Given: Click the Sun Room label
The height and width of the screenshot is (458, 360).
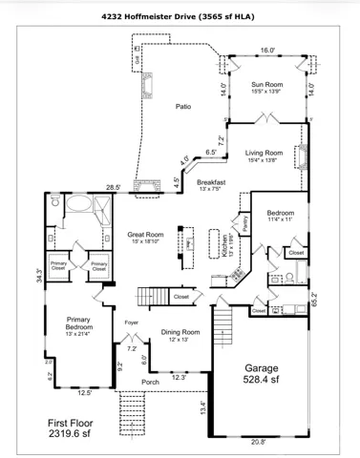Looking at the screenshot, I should tap(266, 84).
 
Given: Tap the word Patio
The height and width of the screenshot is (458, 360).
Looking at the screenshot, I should tap(182, 107).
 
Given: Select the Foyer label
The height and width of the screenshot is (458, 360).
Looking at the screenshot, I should tap(132, 323).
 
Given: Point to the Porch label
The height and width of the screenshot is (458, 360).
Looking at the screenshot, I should tap(150, 383).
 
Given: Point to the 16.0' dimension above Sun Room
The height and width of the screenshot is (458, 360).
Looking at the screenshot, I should tap(267, 51).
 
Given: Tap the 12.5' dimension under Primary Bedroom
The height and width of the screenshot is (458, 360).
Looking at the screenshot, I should tap(84, 392).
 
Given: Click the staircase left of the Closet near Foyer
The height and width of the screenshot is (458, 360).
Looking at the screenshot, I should tap(154, 297).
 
